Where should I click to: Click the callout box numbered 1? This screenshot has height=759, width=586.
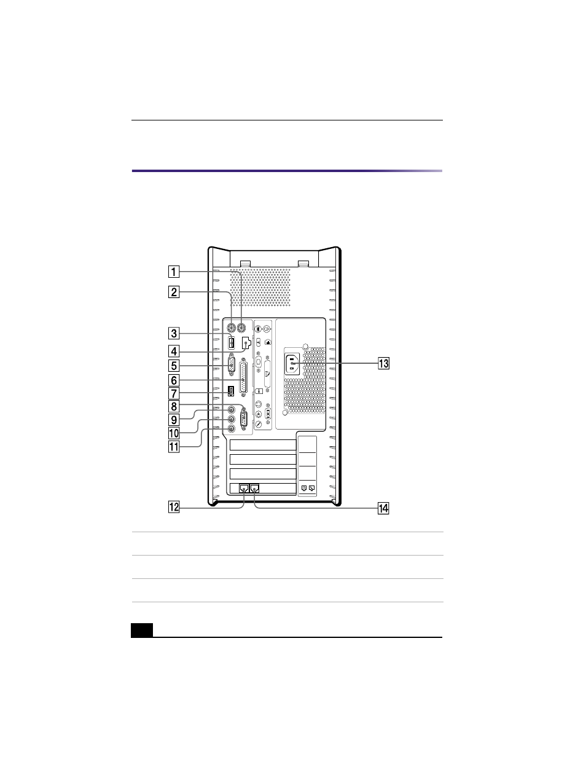click(x=174, y=272)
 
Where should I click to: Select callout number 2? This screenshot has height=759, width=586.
click(x=174, y=292)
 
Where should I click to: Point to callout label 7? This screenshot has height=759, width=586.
click(x=174, y=394)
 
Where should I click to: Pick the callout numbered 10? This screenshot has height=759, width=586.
click(x=174, y=433)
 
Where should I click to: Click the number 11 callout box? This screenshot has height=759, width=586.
click(x=174, y=447)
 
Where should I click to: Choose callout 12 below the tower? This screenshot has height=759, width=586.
click(x=174, y=507)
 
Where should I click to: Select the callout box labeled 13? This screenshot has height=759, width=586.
click(x=383, y=364)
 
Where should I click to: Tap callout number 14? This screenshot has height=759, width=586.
click(x=383, y=508)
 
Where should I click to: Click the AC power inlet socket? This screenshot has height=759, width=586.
click(x=292, y=364)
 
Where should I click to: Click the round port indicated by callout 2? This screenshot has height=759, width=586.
click(x=231, y=328)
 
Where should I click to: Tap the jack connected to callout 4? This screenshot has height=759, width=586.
click(x=246, y=343)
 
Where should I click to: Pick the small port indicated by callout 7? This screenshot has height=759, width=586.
click(x=230, y=391)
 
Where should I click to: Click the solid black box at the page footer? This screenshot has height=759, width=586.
click(x=142, y=629)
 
